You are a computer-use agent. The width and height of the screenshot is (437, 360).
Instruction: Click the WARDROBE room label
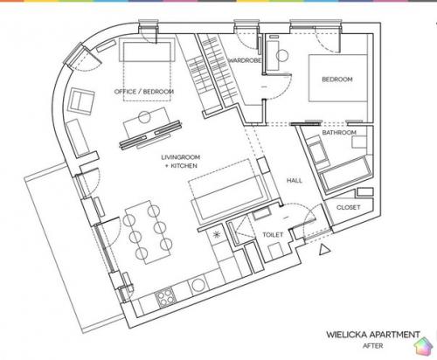(x=244, y=60)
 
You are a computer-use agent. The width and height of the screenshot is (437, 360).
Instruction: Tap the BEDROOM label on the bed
(x=337, y=80)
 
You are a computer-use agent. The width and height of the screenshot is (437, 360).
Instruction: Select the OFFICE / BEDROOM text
(x=144, y=92)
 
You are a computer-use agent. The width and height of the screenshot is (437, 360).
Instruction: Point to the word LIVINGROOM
(x=181, y=157)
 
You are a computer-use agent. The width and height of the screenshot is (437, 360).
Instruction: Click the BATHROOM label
(x=339, y=133)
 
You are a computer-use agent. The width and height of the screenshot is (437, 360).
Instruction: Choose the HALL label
(x=295, y=181)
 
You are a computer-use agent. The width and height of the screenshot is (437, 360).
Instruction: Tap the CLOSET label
(x=349, y=207)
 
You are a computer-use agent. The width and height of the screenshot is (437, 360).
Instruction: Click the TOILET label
(x=273, y=234)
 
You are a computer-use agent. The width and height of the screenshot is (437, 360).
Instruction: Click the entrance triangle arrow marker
(x=323, y=250)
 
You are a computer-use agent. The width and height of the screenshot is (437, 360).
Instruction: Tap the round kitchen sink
(x=198, y=285)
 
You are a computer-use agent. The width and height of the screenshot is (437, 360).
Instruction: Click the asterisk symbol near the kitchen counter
(x=217, y=234)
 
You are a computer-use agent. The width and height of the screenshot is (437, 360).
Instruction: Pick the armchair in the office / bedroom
(x=81, y=100)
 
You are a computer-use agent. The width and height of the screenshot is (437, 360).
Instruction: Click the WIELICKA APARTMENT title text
(x=373, y=335)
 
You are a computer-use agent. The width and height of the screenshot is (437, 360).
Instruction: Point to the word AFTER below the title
(x=373, y=346)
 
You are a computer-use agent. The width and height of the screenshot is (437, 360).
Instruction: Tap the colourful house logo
(x=424, y=346)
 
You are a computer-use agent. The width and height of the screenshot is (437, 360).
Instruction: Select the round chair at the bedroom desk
(x=282, y=56)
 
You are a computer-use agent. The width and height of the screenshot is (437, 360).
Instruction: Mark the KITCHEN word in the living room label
(x=184, y=166)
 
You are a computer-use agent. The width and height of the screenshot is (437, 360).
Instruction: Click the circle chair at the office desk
(x=144, y=117)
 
